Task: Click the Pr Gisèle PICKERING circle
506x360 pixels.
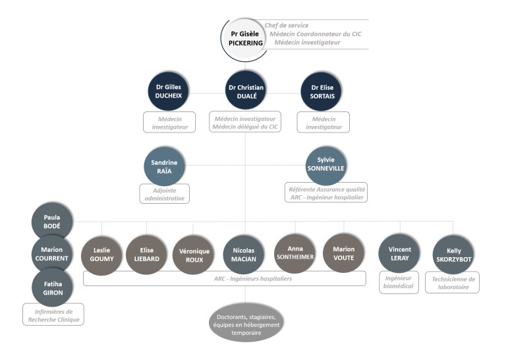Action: (245, 39)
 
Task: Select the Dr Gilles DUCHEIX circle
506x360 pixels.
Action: (169, 92)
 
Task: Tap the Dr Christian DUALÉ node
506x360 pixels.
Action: (246, 91)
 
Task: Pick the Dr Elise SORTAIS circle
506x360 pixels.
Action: (322, 92)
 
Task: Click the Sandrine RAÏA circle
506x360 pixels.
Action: (164, 166)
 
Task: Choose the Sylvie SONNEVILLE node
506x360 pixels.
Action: (326, 165)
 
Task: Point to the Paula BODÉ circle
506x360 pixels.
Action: (52, 222)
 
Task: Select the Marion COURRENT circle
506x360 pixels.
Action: (52, 254)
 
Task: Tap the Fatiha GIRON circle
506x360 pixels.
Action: (53, 287)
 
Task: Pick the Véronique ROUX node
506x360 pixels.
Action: (193, 255)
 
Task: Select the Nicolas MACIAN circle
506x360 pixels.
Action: (244, 255)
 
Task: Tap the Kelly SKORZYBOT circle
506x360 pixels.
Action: (453, 255)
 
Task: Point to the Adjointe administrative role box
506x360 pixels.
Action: (165, 194)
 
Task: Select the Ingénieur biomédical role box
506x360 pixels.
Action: (399, 282)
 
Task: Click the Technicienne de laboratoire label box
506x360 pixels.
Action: (452, 282)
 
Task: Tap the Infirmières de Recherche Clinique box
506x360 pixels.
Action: (53, 314)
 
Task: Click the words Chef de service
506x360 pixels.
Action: (286, 25)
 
